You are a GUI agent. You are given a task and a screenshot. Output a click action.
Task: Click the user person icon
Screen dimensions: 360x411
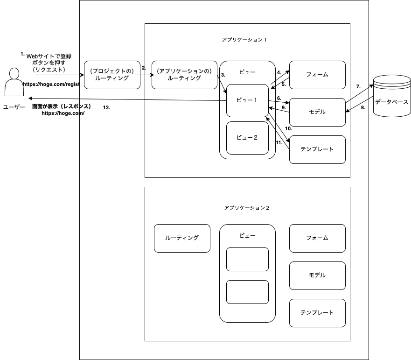click(14, 82)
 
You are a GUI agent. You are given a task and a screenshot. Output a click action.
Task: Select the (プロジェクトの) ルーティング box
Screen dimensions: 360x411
click(112, 75)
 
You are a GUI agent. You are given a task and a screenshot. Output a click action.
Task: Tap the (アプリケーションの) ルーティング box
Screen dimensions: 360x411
click(184, 75)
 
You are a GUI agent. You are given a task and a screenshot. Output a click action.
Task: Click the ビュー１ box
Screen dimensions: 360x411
click(247, 100)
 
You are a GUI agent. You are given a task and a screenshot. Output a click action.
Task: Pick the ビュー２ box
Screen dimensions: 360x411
click(247, 138)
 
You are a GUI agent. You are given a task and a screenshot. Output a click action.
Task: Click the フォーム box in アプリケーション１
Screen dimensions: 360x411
click(317, 75)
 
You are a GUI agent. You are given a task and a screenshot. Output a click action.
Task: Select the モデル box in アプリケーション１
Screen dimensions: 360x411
click(317, 112)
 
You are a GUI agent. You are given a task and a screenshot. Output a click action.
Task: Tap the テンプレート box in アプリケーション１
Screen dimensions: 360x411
click(317, 149)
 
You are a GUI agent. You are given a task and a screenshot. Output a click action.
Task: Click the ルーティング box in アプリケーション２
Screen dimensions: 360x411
click(182, 238)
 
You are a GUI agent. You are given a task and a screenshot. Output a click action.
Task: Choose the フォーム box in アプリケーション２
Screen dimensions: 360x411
click(317, 238)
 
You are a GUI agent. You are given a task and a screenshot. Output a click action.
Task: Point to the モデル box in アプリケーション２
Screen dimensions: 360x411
click(317, 275)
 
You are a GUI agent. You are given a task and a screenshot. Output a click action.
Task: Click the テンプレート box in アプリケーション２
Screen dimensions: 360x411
click(317, 313)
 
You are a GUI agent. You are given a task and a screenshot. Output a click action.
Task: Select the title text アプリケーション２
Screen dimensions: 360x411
click(247, 208)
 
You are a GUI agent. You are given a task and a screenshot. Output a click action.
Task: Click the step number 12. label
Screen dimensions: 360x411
click(106, 108)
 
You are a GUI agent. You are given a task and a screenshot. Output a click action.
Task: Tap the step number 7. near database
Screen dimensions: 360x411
click(358, 87)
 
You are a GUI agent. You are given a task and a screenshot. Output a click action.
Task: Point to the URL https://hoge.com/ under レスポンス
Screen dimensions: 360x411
click(63, 113)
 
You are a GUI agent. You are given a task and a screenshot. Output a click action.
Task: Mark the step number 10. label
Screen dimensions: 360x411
click(288, 128)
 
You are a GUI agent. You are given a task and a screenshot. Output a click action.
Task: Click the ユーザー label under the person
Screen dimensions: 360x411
click(14, 107)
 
